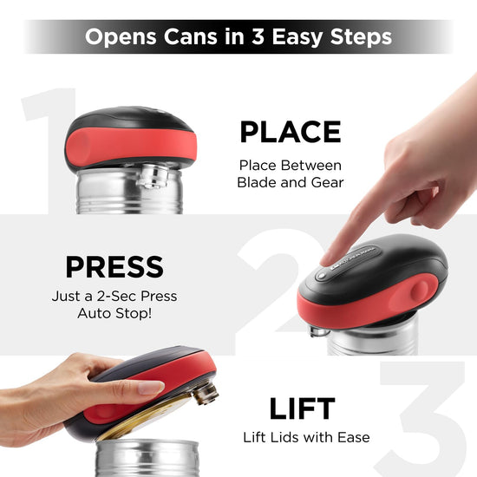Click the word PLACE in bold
291,132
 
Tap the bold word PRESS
114,267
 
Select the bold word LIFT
302,408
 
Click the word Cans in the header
191,36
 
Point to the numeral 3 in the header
258,36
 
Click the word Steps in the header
361,37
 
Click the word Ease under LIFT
354,437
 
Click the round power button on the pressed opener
321,276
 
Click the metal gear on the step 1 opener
153,176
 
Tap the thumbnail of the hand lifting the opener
150,388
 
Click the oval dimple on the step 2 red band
420,291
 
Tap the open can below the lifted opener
147,457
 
